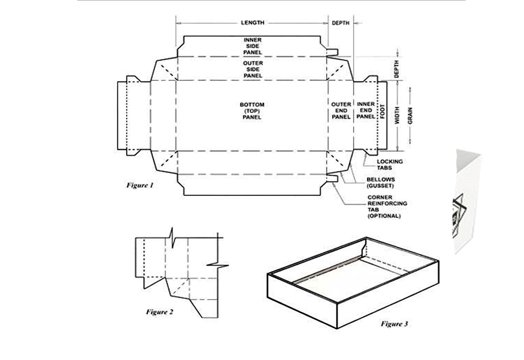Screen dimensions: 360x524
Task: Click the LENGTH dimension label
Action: (252, 23)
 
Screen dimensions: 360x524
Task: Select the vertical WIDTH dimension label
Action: (397, 115)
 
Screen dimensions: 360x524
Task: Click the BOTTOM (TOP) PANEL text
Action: (252, 111)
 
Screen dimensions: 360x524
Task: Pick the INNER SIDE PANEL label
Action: (253, 46)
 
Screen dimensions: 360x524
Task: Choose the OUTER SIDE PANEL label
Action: (253, 69)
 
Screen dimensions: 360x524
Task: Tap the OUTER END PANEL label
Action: (341, 111)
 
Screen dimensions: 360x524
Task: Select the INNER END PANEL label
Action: (366, 110)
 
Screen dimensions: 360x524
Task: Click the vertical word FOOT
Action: (382, 111)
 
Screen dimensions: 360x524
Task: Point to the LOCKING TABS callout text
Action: (390, 165)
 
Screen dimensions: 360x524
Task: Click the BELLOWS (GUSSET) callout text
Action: (381, 182)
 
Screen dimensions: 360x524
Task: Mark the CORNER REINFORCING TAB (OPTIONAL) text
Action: (387, 206)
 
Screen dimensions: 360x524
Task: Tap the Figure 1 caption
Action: (140, 185)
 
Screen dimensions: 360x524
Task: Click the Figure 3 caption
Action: (394, 324)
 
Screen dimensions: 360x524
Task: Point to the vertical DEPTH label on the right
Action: (396, 69)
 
